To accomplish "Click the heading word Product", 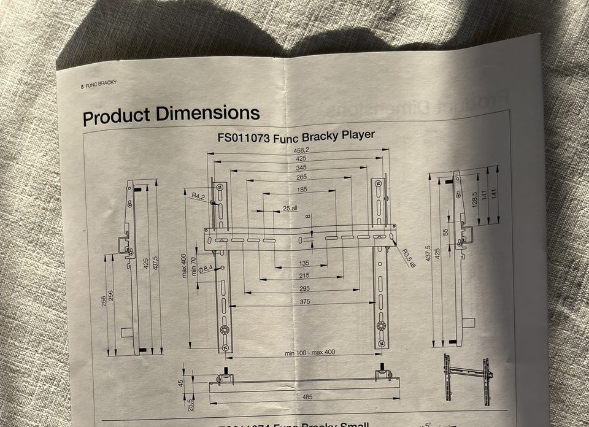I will click(x=116, y=115).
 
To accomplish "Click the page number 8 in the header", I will click(x=82, y=87).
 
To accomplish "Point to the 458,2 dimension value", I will click(x=301, y=150).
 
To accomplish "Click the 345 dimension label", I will click(x=301, y=167).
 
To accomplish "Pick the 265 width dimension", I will click(x=301, y=177).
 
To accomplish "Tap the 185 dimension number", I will click(x=301, y=190).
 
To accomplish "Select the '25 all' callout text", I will click(x=290, y=209).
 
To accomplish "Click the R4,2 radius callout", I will click(x=197, y=196).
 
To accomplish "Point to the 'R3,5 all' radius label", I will click(x=409, y=258).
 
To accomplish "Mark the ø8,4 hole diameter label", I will click(x=205, y=269).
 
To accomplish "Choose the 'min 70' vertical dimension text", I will click(x=194, y=266).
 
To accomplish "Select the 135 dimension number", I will click(x=303, y=263).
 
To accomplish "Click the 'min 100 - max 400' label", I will click(x=310, y=352).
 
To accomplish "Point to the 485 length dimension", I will click(x=307, y=396).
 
